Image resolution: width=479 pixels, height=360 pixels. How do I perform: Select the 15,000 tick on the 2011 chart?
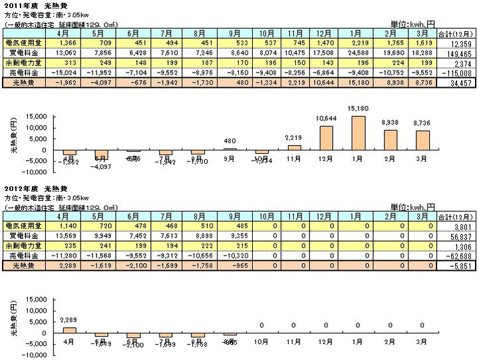(x=35, y=117)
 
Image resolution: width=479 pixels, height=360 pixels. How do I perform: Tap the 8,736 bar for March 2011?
(x=422, y=141)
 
